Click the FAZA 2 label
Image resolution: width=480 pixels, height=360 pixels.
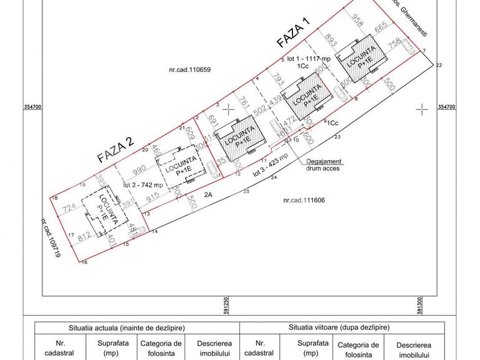115,150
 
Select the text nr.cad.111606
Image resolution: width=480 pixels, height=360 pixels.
304,201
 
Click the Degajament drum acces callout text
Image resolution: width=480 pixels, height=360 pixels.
323,164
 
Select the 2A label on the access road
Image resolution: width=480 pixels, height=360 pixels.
209,194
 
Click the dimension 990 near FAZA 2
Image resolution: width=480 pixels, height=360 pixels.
138,169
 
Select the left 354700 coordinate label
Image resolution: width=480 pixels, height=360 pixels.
32,107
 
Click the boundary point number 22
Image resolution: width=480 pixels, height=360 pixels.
439,65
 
